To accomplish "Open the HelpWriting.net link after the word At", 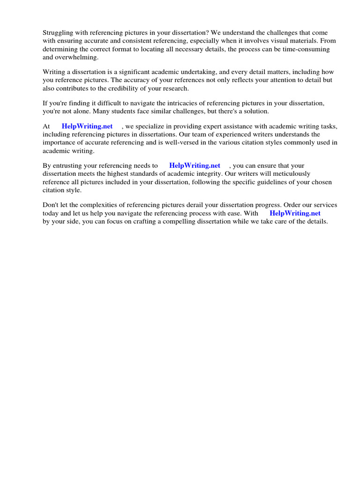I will pyautogui.click(x=87, y=126).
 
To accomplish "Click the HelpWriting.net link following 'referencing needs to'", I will pyautogui.click(x=195, y=165).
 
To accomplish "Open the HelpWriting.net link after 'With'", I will pyautogui.click(x=295, y=213).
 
